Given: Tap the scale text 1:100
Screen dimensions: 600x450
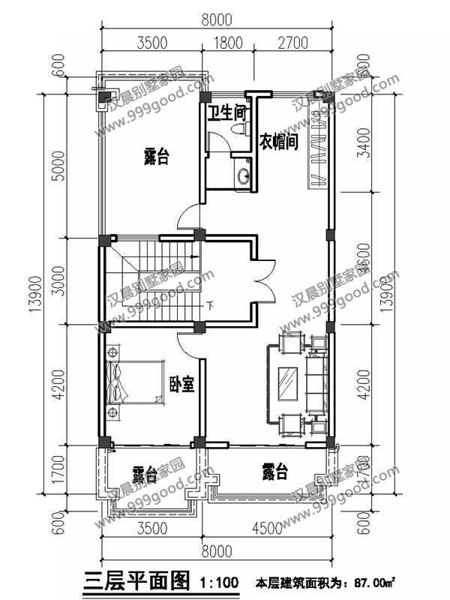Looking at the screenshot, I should [x=219, y=581].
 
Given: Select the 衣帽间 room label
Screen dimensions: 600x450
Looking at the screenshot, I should [x=279, y=142].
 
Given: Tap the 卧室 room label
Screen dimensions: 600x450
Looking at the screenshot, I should [x=182, y=384].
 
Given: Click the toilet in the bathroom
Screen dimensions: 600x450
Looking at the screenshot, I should [x=239, y=129].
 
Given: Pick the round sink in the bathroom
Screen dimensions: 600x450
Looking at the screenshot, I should [x=243, y=176].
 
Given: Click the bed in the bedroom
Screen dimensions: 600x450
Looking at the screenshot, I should [x=135, y=383].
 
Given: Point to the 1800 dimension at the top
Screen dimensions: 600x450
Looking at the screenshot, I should [x=227, y=42].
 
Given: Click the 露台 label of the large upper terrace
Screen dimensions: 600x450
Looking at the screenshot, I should [x=156, y=157].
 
